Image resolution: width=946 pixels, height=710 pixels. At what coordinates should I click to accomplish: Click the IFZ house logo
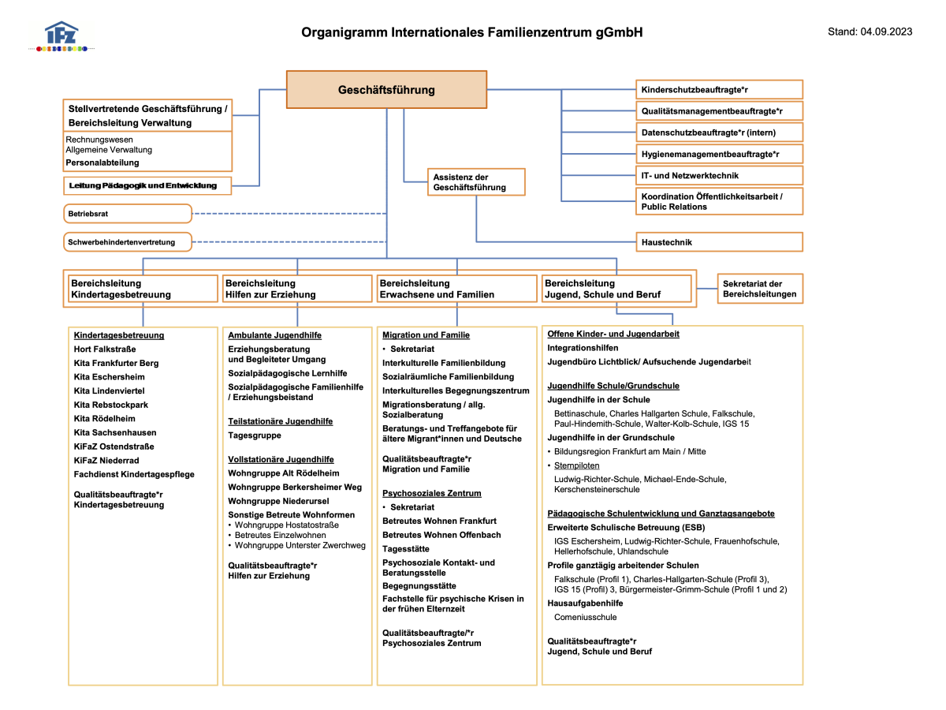pos(61,36)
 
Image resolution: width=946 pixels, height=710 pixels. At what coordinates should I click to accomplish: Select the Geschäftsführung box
pos(386,90)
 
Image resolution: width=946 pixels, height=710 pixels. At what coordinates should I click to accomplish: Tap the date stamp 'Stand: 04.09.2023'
pos(870,32)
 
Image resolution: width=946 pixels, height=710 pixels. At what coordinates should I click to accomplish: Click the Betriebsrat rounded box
pos(128,213)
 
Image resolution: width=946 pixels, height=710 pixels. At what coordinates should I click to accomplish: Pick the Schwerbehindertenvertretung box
pos(128,242)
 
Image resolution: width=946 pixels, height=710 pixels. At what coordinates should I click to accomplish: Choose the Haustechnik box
pos(719,242)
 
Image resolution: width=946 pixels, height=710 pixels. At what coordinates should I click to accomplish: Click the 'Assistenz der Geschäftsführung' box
pos(476,182)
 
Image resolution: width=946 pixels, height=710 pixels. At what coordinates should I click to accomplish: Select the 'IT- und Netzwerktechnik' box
pos(719,175)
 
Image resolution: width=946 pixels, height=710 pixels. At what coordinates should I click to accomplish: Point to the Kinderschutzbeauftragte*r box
pos(719,90)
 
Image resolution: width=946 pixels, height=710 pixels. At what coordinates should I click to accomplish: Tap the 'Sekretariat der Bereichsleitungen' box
pos(760,289)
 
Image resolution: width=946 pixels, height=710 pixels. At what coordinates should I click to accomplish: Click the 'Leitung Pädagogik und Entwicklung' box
pos(147,186)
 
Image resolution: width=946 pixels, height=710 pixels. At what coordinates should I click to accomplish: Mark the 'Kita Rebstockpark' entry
pos(111,405)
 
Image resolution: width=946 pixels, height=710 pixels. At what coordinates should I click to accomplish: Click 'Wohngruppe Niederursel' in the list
pos(278,501)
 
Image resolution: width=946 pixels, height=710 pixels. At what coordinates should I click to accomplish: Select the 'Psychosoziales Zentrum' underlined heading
pos(431,493)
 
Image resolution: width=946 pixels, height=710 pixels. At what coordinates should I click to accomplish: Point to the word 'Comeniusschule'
pos(585,617)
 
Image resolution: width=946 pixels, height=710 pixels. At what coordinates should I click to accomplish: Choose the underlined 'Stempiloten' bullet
pos(576,465)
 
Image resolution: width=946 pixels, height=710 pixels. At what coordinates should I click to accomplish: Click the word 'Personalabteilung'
pos(102,163)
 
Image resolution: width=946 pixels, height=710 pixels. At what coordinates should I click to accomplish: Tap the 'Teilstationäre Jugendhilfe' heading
pos(280,421)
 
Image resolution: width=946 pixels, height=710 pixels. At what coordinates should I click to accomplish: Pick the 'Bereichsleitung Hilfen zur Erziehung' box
pos(297,289)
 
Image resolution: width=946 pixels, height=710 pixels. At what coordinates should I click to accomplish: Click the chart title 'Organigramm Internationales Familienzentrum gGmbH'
pos(471,32)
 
